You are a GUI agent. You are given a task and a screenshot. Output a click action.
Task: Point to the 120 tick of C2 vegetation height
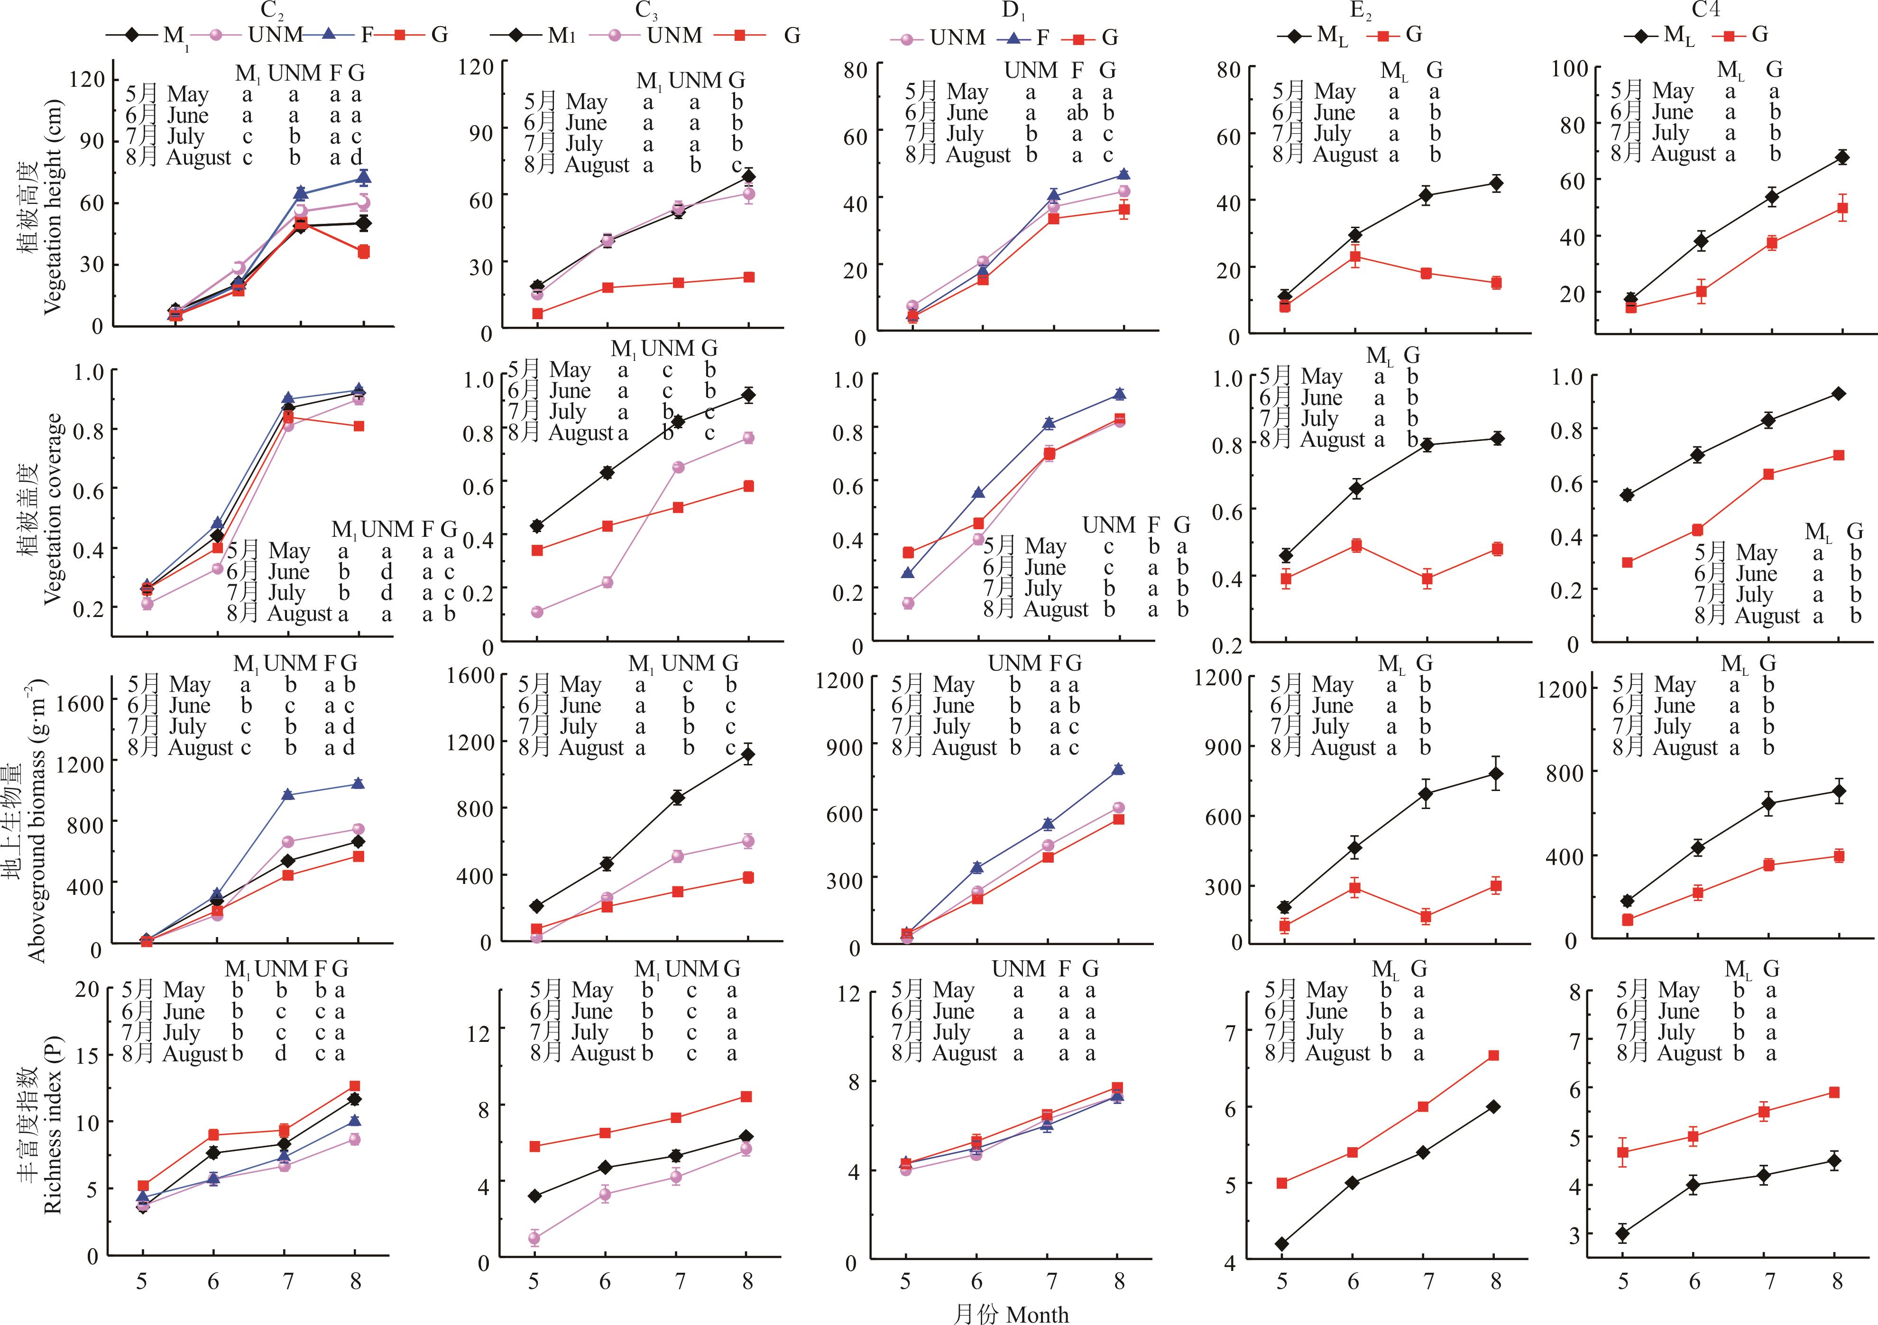coord(87,79)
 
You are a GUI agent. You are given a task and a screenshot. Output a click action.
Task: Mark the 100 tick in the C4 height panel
coord(1570,69)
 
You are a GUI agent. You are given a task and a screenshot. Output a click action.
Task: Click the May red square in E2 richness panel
coord(1282,1183)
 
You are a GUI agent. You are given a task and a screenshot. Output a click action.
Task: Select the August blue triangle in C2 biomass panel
coord(358,783)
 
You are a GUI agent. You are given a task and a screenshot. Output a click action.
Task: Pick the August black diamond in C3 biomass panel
coord(747,754)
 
